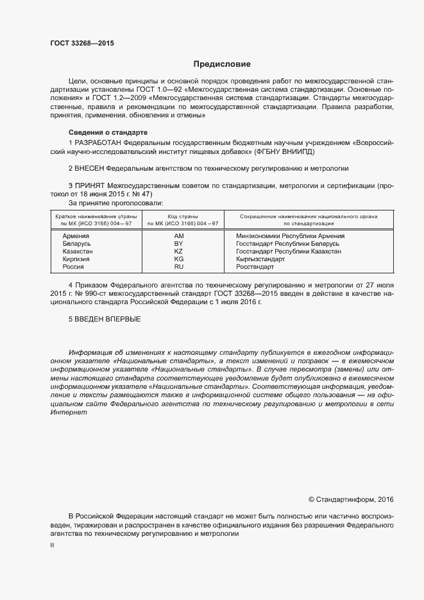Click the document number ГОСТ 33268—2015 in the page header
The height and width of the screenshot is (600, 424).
83,44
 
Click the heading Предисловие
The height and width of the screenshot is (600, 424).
223,64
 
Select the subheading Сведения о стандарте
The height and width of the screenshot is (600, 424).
104,132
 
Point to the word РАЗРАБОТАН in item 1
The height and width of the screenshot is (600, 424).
98,142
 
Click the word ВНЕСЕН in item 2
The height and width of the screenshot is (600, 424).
89,168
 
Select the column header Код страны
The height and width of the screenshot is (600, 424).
183,217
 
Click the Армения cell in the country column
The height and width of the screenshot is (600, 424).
76,236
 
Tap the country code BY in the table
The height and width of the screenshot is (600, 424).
179,244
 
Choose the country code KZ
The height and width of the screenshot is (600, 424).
179,252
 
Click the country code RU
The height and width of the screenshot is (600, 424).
179,266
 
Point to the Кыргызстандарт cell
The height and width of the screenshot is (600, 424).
260,259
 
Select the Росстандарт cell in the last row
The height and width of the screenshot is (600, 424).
255,266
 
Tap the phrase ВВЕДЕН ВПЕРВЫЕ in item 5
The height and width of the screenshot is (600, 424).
107,319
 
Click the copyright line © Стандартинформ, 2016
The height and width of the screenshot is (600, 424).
351,499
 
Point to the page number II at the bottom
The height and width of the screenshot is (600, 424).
52,545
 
